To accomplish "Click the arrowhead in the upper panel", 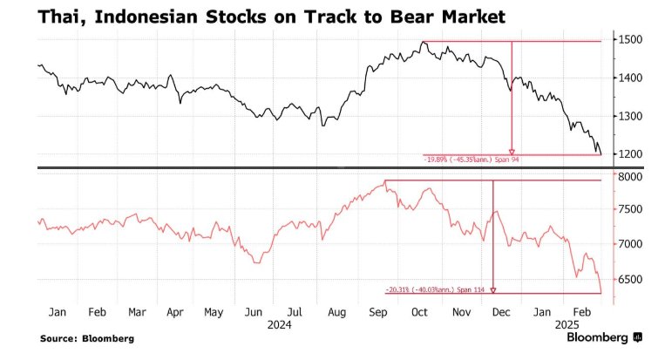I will [x=512, y=151].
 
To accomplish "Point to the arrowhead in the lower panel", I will [x=493, y=289].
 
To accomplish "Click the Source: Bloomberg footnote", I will [x=87, y=337].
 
